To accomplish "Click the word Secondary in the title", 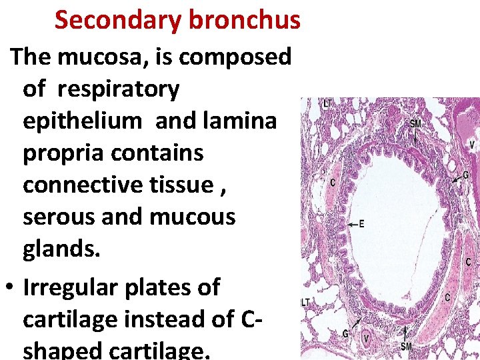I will (117, 21).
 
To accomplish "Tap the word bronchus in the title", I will (244, 21).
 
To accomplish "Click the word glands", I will (61, 249).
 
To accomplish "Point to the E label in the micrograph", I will (362, 224).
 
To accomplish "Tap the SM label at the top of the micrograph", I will (415, 124).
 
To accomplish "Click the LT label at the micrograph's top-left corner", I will (328, 103).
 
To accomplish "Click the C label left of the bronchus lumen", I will (332, 182).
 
